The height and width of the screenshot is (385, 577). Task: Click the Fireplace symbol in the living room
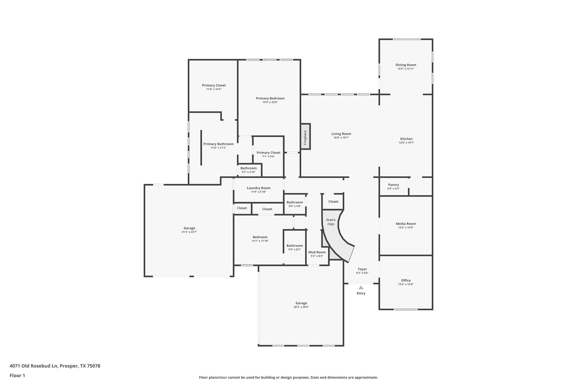[x=305, y=136]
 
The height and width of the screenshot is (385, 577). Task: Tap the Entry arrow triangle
[x=361, y=287]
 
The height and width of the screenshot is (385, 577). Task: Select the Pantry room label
[x=393, y=185]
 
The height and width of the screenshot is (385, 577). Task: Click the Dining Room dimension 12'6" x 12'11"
[x=406, y=69]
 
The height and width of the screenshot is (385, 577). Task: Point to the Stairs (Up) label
[x=331, y=222]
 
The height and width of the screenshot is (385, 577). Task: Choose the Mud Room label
[x=317, y=252]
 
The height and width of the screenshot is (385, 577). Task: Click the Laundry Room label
[x=258, y=188]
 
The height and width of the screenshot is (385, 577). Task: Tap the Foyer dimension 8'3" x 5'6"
[x=362, y=273]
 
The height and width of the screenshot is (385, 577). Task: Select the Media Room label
[x=406, y=224]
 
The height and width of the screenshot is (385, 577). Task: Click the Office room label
[x=406, y=280]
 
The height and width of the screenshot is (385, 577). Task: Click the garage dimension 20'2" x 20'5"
[x=301, y=307]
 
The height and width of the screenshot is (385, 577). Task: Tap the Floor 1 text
[x=17, y=376]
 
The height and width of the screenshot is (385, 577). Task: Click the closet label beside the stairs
[x=333, y=201]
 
